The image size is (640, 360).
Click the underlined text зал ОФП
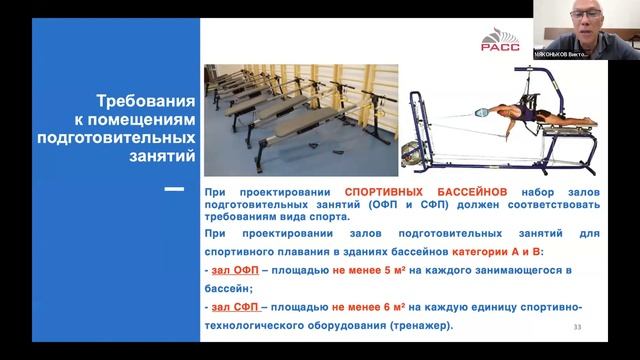pos(228,270)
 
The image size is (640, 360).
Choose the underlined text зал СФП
pos(228,309)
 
